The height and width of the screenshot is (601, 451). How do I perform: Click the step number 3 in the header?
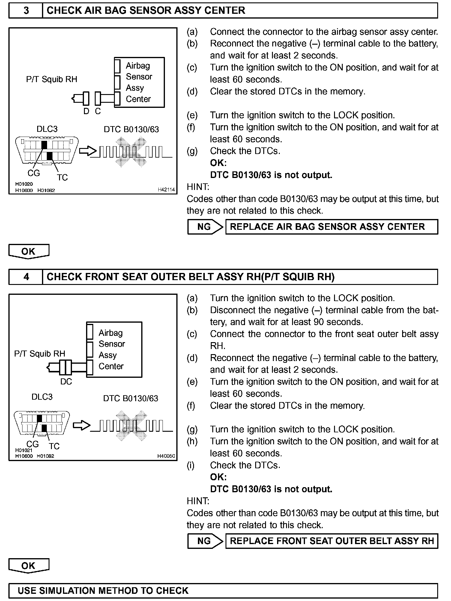26,11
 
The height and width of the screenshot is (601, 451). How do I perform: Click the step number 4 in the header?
26,277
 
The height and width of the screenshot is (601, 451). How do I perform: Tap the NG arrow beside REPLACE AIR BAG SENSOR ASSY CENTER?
205,227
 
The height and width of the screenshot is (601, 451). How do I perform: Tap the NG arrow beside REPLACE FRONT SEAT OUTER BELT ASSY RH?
205,541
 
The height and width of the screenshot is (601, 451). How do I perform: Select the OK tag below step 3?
28,251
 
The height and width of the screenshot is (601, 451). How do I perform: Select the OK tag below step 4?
28,565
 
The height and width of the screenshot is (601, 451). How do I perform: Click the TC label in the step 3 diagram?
62,178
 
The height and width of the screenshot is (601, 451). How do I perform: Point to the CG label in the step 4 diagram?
32,444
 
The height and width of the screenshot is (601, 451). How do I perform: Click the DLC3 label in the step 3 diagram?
47,129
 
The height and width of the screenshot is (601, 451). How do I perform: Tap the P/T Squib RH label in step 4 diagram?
40,354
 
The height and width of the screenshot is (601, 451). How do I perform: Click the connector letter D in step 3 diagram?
86,111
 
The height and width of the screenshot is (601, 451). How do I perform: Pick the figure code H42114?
166,190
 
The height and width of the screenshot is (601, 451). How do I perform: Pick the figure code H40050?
166,456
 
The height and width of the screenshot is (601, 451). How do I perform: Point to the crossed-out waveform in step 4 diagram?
131,425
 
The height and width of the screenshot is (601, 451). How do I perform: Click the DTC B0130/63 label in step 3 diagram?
131,129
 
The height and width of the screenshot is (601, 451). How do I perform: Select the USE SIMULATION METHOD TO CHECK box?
223,591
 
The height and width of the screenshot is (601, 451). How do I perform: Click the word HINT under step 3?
198,187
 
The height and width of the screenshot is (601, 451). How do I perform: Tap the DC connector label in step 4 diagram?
66,382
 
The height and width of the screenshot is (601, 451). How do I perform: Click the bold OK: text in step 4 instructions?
218,477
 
